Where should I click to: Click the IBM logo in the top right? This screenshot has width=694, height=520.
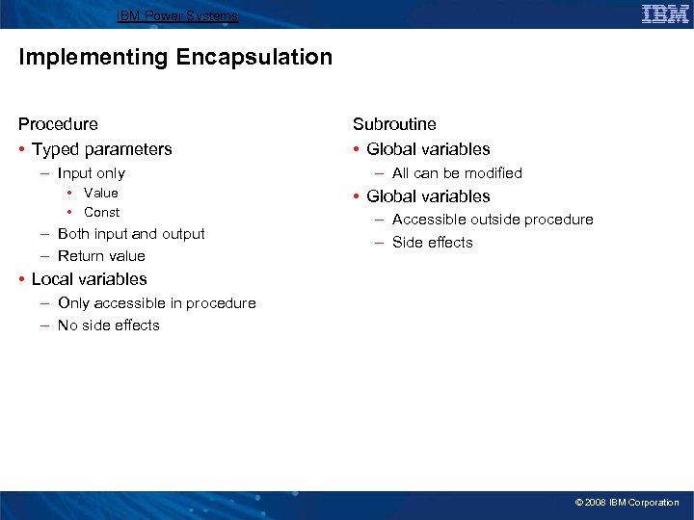[x=665, y=13]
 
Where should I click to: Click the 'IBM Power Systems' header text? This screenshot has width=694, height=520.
[x=176, y=15]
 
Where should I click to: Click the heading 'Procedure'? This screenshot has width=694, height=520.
[x=58, y=124]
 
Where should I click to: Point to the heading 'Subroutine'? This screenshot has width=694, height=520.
[x=394, y=124]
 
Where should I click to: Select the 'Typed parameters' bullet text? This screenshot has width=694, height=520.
[x=101, y=149]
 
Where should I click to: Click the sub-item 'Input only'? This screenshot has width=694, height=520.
[x=91, y=173]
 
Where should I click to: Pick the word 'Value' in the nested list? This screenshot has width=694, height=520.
[x=101, y=193]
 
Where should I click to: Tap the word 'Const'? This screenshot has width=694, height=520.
[x=101, y=212]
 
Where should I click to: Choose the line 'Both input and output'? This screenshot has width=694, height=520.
[x=131, y=234]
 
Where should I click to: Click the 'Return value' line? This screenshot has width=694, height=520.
[x=101, y=256]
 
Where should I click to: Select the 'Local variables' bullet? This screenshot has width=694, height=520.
[x=89, y=279]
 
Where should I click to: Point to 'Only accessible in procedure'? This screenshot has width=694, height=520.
[x=156, y=303]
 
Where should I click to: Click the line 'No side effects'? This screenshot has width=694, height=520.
[x=108, y=325]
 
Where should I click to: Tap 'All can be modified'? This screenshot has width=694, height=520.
[x=457, y=173]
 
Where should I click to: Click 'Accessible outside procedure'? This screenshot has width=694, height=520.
[x=493, y=220]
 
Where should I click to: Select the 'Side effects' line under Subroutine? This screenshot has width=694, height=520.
[x=432, y=243]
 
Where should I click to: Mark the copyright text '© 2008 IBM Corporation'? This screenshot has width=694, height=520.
[x=627, y=503]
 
